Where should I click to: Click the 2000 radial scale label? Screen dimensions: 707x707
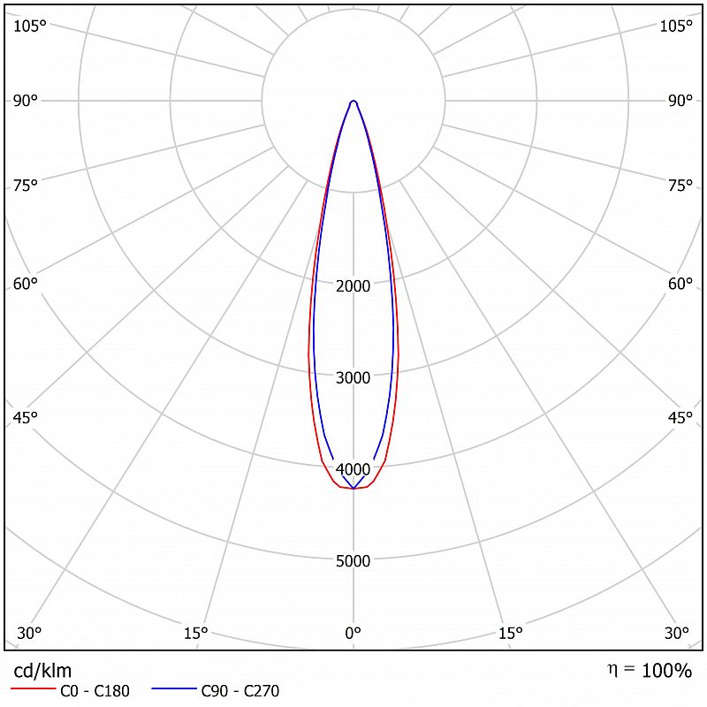(x=353, y=286)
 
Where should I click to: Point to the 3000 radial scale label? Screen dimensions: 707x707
(x=353, y=378)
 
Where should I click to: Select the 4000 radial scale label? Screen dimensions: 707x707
(x=353, y=469)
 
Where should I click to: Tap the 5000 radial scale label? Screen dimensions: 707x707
(x=353, y=561)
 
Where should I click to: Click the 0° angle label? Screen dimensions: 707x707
(x=353, y=633)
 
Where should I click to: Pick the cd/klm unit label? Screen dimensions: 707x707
(x=42, y=671)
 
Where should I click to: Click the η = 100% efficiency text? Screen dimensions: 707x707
(x=650, y=671)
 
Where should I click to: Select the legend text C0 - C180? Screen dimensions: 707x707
(x=95, y=691)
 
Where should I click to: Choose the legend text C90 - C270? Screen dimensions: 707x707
(x=240, y=691)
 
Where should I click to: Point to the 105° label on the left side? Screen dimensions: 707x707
(x=30, y=26)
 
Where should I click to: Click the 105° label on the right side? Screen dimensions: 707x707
(x=676, y=26)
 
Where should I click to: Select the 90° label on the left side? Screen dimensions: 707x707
(x=26, y=101)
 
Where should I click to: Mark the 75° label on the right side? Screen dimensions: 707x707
(x=680, y=186)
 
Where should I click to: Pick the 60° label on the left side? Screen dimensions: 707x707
(x=26, y=284)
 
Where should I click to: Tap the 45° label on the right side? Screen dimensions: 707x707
(x=680, y=418)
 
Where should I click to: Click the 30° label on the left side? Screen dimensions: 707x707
(x=29, y=633)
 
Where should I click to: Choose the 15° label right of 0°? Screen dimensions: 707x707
(x=511, y=633)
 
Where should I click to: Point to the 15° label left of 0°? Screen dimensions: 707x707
(x=195, y=633)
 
